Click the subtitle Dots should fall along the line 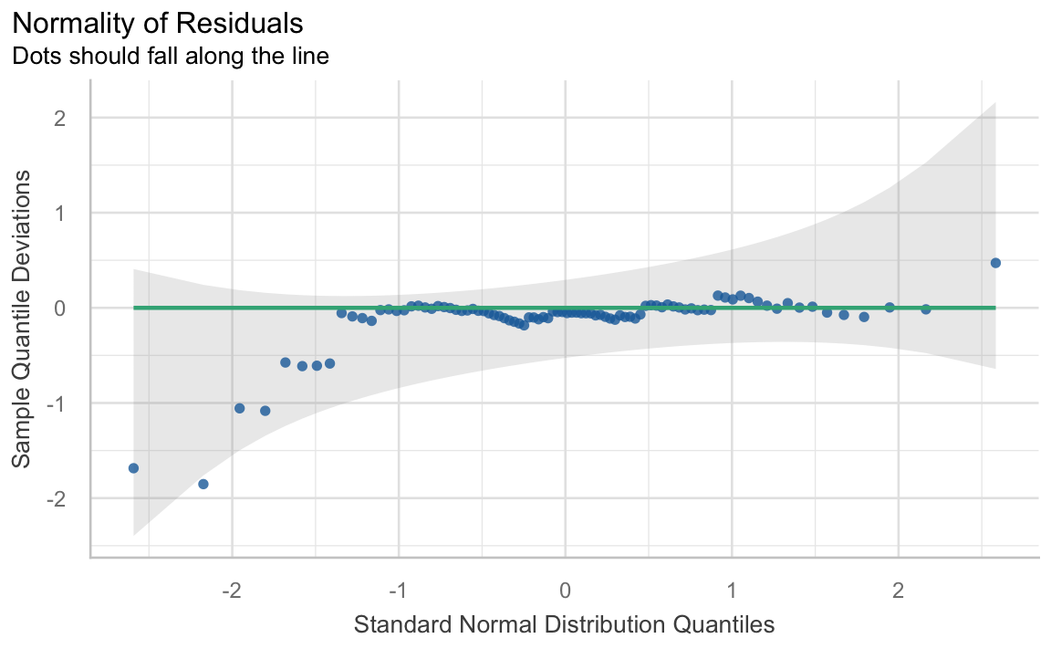(x=170, y=56)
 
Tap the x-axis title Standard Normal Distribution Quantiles (x=564, y=624)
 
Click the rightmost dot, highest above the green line (x=995, y=263)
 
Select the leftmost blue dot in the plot (x=133, y=468)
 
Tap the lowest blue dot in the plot (x=203, y=484)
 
